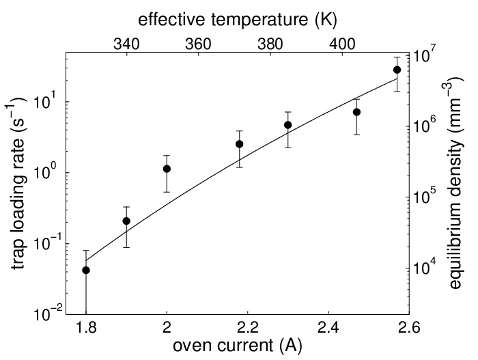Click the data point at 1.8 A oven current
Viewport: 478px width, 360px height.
(86, 270)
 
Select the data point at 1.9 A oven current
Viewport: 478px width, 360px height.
(126, 221)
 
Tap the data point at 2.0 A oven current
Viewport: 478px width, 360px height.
(167, 169)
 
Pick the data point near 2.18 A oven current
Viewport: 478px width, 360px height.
(240, 144)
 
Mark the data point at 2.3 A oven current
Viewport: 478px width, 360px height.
(287, 125)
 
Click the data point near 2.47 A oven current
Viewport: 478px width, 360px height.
(356, 112)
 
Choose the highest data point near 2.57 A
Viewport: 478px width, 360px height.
(397, 70)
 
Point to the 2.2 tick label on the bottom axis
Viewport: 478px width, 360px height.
(248, 328)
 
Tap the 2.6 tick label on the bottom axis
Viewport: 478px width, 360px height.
(409, 328)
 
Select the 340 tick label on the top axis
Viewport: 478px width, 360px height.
(126, 44)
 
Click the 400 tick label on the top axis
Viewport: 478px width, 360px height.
(343, 44)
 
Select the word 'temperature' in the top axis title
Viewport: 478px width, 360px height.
(259, 20)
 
